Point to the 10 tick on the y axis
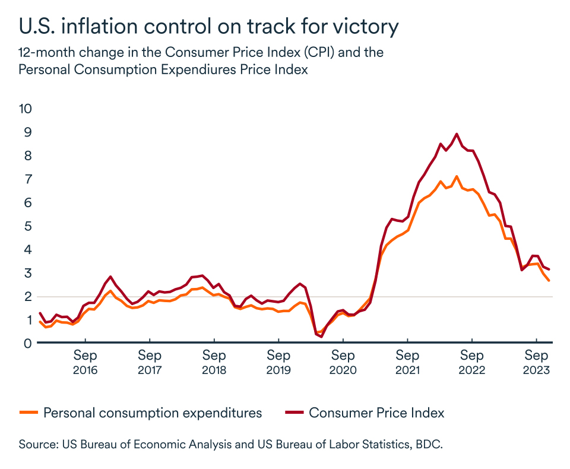(26, 109)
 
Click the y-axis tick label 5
(28, 226)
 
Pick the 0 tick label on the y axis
(28, 343)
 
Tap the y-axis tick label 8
(28, 156)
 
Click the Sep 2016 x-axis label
(85, 362)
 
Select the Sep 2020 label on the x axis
(343, 362)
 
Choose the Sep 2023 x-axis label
(536, 362)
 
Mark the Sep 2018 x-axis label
(214, 362)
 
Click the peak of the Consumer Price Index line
(457, 134)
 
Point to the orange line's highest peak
(456, 177)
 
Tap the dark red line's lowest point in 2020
(321, 336)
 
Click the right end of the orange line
(549, 280)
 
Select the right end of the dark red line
(549, 270)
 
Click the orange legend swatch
(28, 412)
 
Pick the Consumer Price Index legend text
(376, 413)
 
